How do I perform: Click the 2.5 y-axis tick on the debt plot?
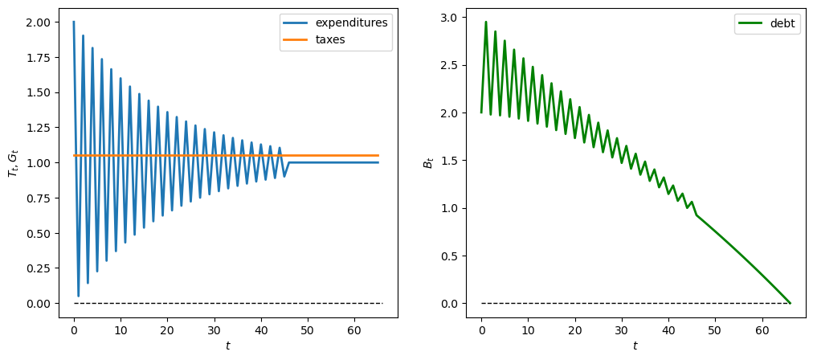click(451, 65)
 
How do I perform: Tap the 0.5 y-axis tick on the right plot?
click(451, 256)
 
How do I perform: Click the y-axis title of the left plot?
click(12, 163)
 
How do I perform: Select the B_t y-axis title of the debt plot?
click(428, 163)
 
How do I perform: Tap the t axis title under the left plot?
click(227, 346)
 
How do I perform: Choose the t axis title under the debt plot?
click(635, 346)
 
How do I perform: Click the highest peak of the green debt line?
click(486, 22)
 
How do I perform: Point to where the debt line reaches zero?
click(790, 303)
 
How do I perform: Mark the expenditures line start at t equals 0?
click(74, 22)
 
